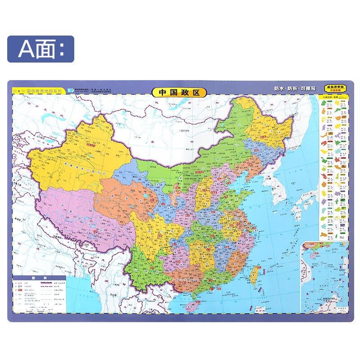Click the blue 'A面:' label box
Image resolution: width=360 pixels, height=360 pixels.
tap(40, 49)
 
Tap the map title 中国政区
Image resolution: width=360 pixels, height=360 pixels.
tap(179, 93)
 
